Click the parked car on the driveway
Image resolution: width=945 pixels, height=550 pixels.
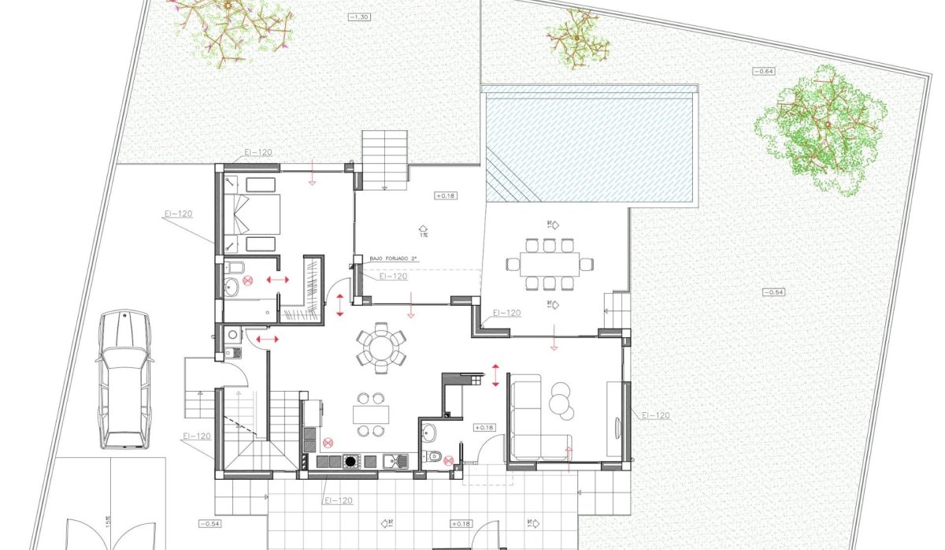pyautogui.click(x=124, y=379)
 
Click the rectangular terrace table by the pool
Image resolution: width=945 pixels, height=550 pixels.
pyautogui.click(x=549, y=262)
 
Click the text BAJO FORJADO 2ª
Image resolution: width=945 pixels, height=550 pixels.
pyautogui.click(x=395, y=258)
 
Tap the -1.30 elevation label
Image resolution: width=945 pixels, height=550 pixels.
pyautogui.click(x=361, y=16)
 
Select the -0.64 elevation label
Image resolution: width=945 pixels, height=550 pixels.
pyautogui.click(x=763, y=72)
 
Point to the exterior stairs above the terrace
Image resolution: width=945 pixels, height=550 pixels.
pyautogui.click(x=385, y=158)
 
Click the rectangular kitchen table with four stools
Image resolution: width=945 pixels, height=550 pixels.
pyautogui.click(x=370, y=414)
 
